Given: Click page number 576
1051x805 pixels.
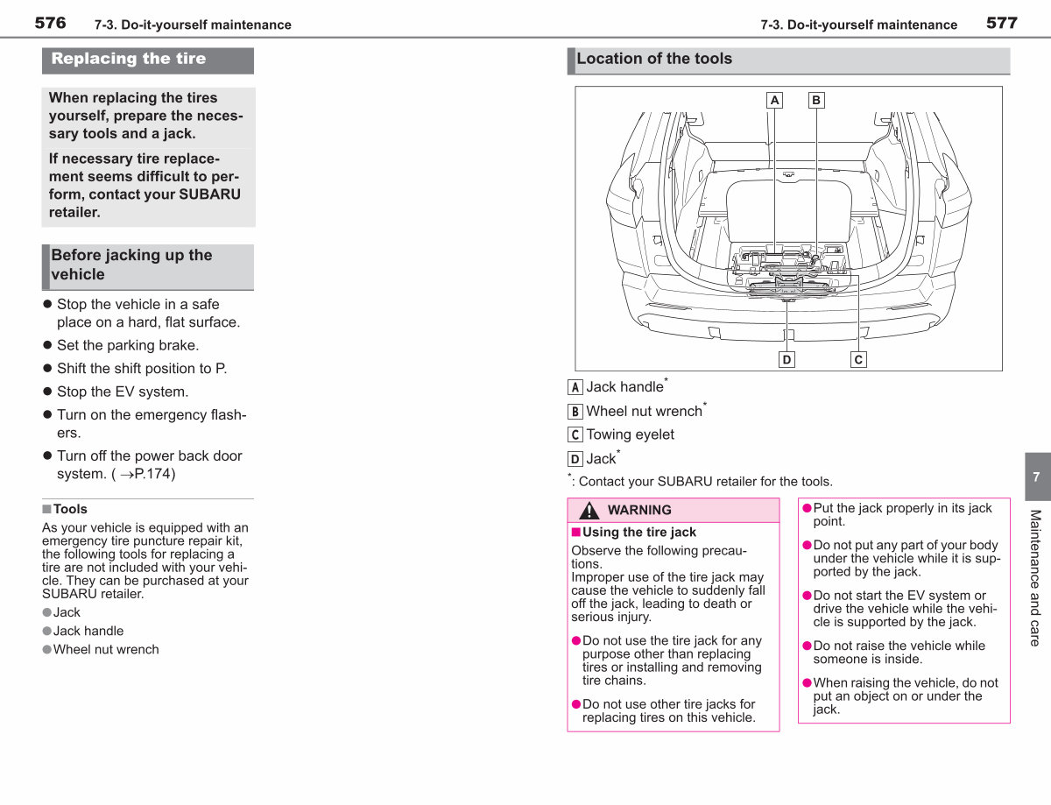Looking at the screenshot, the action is (50, 23).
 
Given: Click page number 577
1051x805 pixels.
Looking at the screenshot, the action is (1002, 23).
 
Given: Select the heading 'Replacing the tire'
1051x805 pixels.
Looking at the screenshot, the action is (129, 59).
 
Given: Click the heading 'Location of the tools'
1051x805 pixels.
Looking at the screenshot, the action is (654, 59).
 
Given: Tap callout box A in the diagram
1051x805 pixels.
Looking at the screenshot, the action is (774, 100).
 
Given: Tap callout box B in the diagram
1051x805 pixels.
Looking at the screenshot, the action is (816, 100).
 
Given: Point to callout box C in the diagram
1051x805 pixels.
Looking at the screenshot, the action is (858, 359).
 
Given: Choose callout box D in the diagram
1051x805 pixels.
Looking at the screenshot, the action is (786, 359).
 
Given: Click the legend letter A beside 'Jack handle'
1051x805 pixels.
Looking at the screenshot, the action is (575, 387).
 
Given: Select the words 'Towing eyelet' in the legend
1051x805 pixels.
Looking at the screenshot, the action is (631, 434).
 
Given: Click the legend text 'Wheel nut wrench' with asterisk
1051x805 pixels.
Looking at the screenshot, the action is (646, 410).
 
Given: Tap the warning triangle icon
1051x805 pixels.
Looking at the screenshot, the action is (589, 510).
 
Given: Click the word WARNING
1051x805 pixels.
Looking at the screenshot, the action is (639, 510).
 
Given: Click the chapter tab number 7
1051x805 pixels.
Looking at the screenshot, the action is (1036, 477).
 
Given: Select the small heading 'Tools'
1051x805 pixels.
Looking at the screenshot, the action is (70, 509).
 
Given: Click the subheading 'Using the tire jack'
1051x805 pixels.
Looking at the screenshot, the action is (638, 533).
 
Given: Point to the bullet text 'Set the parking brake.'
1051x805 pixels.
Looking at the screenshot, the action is (128, 345).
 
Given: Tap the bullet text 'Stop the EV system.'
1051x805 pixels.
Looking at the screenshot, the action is (123, 392).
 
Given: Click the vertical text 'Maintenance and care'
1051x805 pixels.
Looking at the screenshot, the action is (1035, 578).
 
